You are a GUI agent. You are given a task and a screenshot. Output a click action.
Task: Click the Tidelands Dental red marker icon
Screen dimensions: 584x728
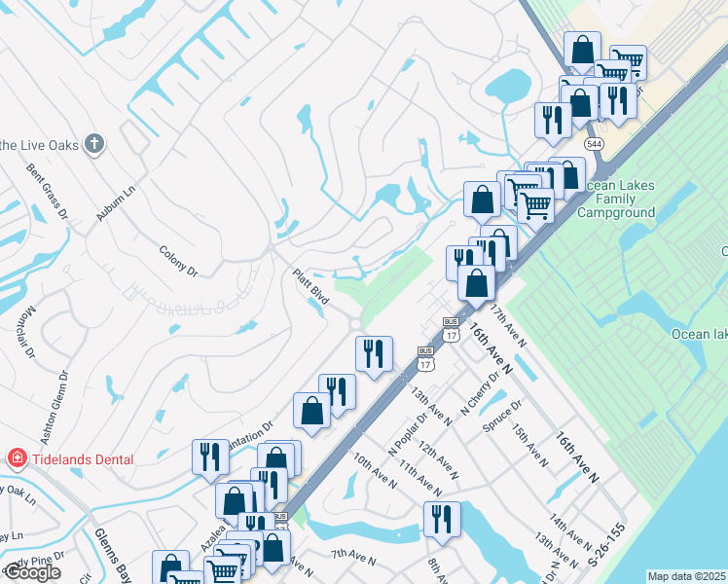[x=17, y=458]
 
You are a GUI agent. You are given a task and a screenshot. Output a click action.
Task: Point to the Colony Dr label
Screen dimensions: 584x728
[x=178, y=261]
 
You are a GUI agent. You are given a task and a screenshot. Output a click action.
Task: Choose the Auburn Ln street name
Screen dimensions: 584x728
[x=115, y=201]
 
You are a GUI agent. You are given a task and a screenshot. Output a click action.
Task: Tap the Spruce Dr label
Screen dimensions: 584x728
[x=504, y=415]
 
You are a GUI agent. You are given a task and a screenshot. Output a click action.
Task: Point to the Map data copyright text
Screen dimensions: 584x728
[x=686, y=576]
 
